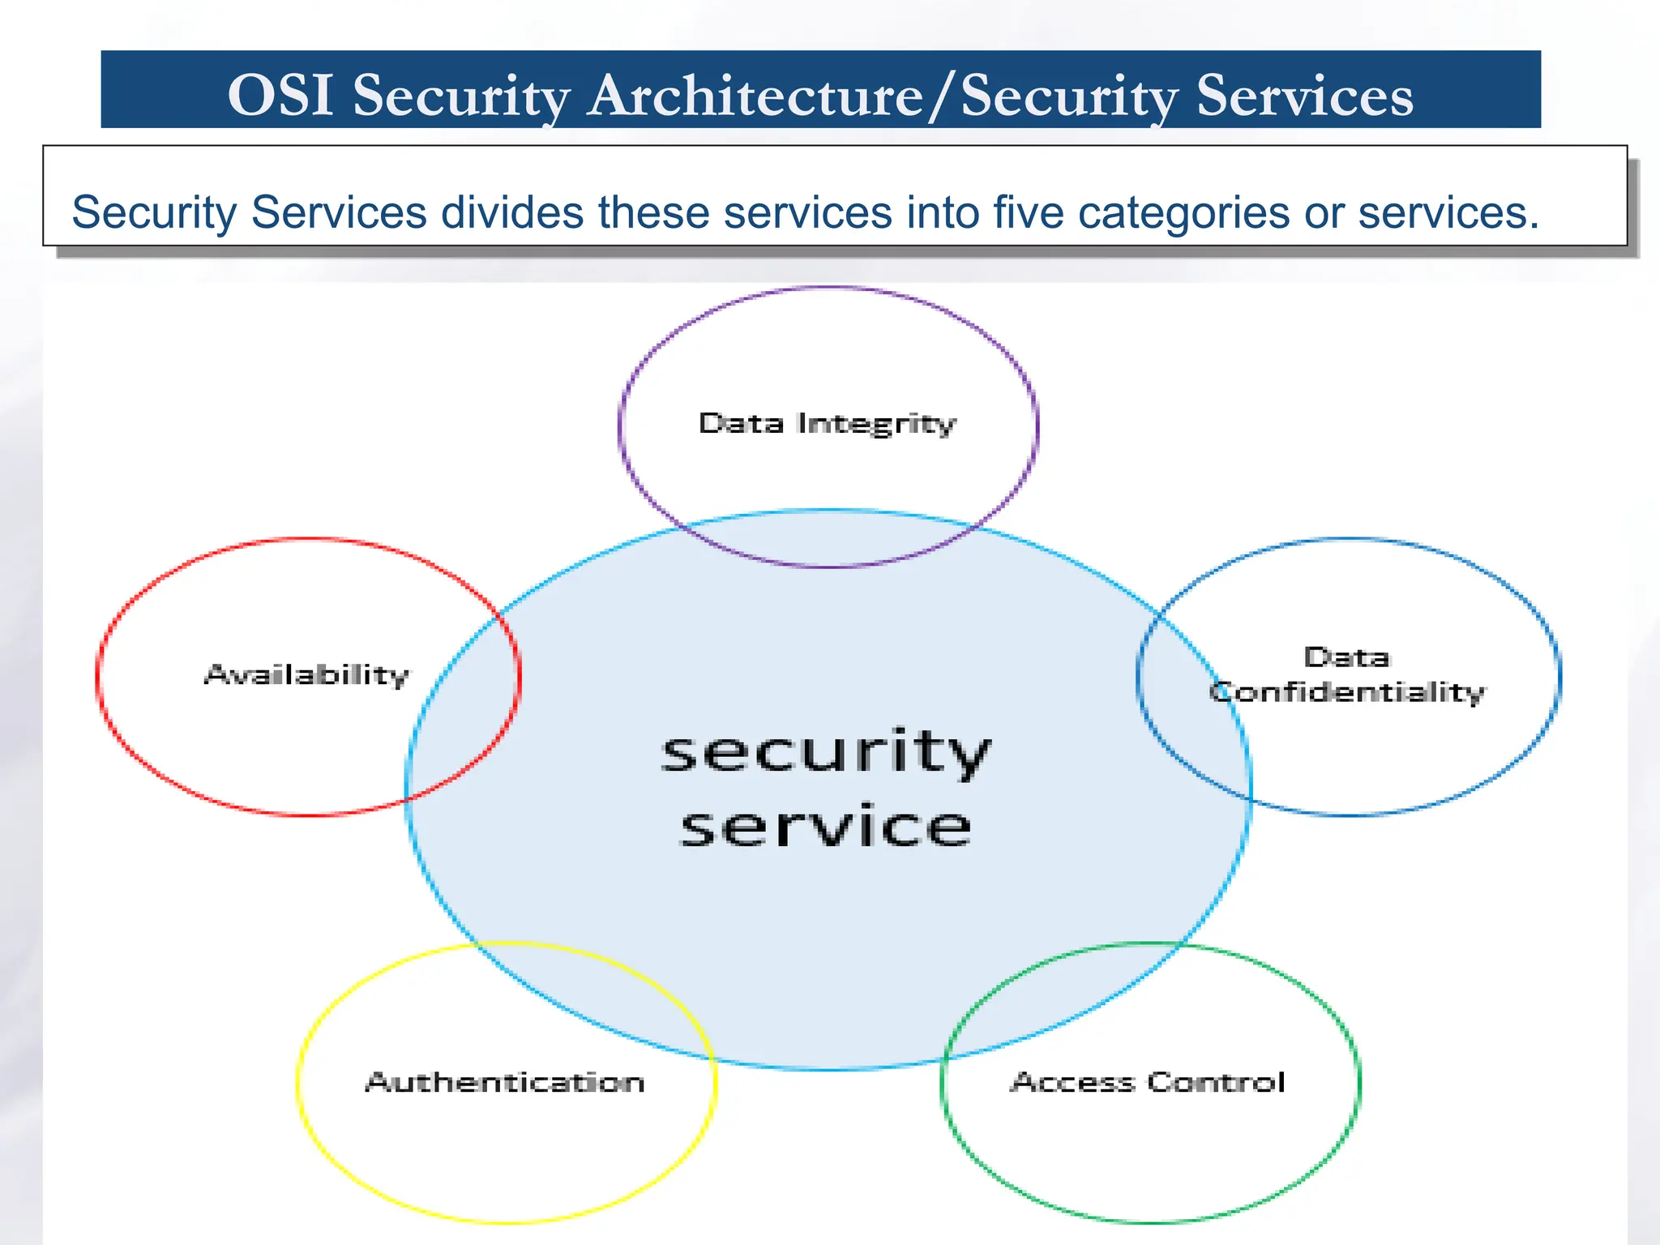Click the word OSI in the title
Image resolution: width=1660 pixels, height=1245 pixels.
tap(280, 96)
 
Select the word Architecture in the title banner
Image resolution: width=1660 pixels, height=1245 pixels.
tap(755, 96)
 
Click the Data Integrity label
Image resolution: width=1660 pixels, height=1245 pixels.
tap(828, 424)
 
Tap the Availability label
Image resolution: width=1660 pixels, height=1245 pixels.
tap(307, 674)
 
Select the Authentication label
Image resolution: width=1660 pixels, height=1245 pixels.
tap(505, 1082)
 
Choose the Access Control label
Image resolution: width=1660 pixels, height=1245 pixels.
tap(1148, 1082)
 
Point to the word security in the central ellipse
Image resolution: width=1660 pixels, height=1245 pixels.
tap(826, 752)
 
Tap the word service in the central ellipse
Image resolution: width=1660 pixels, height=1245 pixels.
tap(826, 827)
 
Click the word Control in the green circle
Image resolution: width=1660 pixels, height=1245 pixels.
tap(1217, 1082)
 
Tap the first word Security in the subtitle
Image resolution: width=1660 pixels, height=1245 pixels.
tap(154, 214)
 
